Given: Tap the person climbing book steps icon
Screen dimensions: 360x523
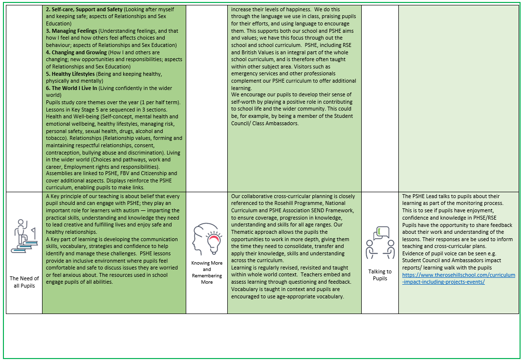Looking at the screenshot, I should [x=24, y=235].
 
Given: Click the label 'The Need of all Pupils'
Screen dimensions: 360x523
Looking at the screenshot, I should [x=24, y=282].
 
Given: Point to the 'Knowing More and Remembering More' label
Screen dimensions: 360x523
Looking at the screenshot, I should [x=207, y=272].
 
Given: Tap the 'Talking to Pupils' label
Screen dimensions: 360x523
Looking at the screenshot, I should [x=380, y=275].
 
